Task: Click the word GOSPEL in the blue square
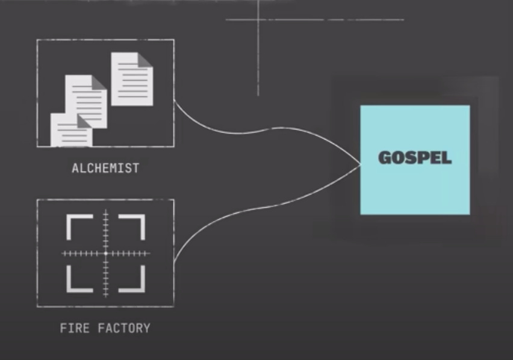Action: click(415, 158)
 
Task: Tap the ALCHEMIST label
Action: click(105, 169)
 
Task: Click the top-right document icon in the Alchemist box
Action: click(132, 78)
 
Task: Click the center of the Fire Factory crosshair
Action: click(106, 253)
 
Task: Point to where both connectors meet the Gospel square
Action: click(360, 164)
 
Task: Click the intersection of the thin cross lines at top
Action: click(258, 20)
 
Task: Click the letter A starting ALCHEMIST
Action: click(75, 169)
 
